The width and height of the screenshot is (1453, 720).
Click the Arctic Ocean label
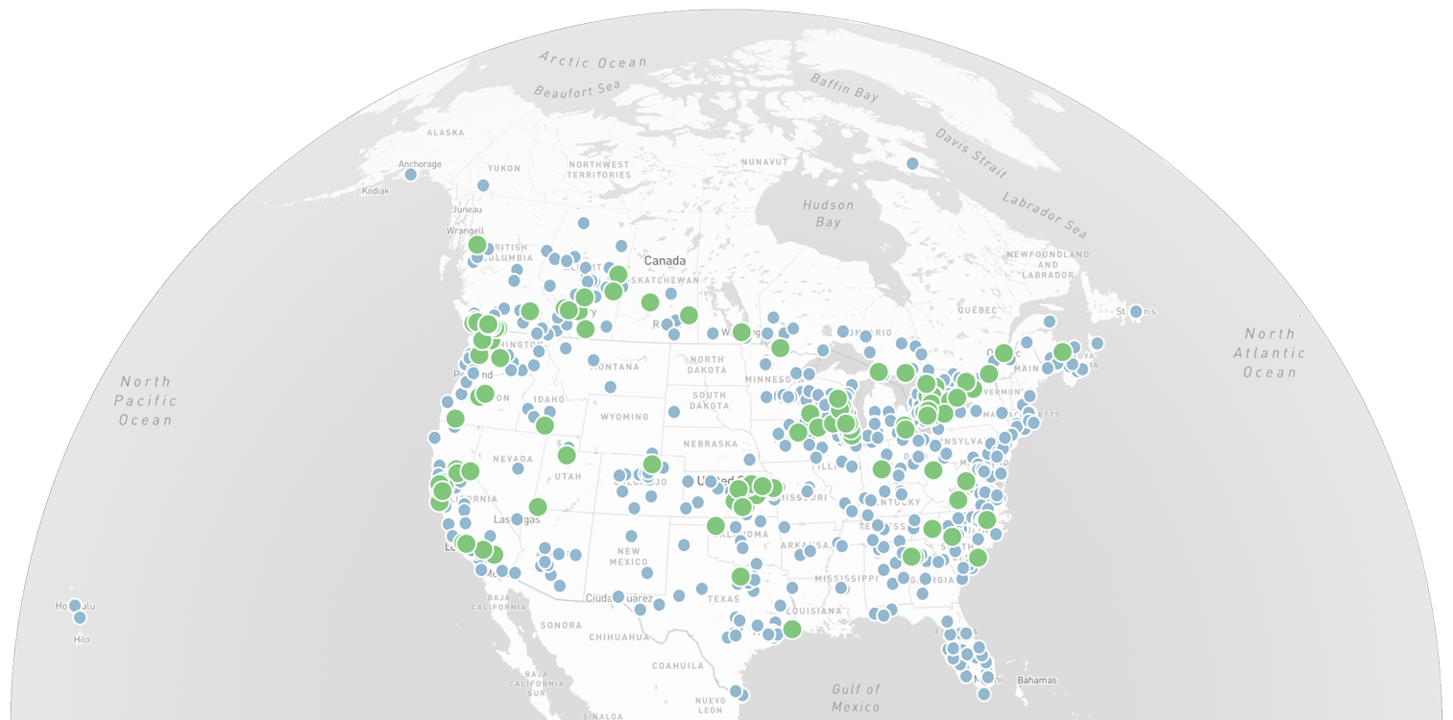pos(593,60)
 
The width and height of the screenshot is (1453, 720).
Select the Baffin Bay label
pos(844,86)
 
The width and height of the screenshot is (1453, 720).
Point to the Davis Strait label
pos(971,153)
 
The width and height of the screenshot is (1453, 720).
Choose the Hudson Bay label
pos(828,213)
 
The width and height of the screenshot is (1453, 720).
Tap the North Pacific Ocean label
pos(146,400)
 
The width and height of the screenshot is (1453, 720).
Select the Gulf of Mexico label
pos(856,698)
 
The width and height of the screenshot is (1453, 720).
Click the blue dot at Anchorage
pos(411,174)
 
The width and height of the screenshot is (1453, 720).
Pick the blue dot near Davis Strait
pos(912,164)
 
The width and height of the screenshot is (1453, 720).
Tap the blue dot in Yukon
pos(483,185)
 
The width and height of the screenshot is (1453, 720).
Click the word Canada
pos(665,261)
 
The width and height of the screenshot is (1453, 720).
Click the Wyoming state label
pos(623,417)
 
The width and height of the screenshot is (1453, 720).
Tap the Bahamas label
pos(1037,681)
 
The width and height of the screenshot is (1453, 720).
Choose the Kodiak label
pos(375,191)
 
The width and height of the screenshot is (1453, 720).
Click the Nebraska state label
pos(710,444)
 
